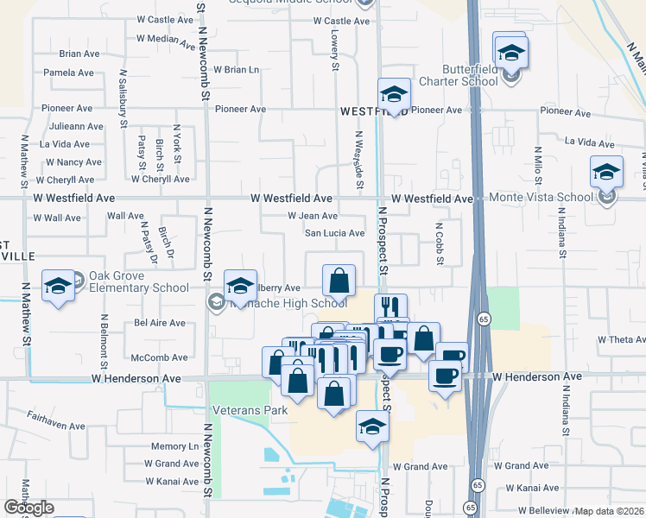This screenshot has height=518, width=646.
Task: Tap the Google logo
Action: point(28,508)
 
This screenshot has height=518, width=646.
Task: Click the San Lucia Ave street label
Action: point(335,233)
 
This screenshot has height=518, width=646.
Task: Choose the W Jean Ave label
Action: point(312,216)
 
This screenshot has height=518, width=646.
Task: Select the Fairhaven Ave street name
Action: point(55,426)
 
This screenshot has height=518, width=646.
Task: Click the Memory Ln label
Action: point(174,446)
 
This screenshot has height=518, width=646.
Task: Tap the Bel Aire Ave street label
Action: point(160,323)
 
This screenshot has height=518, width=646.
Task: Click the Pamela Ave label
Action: point(69,73)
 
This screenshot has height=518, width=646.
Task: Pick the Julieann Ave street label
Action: point(77,126)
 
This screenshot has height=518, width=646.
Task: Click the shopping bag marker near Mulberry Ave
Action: point(339,280)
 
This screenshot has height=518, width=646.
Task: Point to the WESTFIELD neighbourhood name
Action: point(372,112)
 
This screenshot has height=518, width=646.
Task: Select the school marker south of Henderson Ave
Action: point(372,426)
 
